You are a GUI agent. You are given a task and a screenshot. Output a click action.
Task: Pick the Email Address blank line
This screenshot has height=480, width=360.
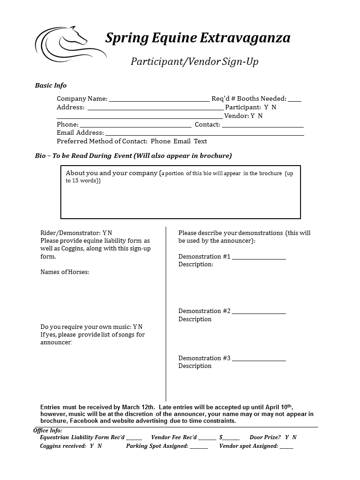[x=204, y=134]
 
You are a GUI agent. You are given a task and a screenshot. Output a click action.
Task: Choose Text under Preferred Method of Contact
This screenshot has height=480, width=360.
[x=200, y=141]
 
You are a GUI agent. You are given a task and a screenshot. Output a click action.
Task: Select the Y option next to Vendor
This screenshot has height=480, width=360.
[x=253, y=116]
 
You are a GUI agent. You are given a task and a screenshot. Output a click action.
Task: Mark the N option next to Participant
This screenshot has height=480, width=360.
[x=274, y=108]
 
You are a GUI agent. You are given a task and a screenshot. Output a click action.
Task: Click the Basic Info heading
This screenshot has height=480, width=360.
[x=51, y=85]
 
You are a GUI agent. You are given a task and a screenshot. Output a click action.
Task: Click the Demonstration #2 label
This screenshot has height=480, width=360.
[x=204, y=311]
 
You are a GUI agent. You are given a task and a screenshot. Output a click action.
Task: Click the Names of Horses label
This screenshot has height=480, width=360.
[x=65, y=272]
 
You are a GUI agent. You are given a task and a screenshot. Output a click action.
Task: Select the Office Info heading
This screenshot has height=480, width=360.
[x=48, y=431]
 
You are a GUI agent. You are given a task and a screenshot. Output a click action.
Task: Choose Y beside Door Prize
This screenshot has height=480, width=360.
[x=287, y=437]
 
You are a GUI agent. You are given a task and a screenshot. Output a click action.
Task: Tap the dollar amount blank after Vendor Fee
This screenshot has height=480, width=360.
[x=231, y=439]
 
